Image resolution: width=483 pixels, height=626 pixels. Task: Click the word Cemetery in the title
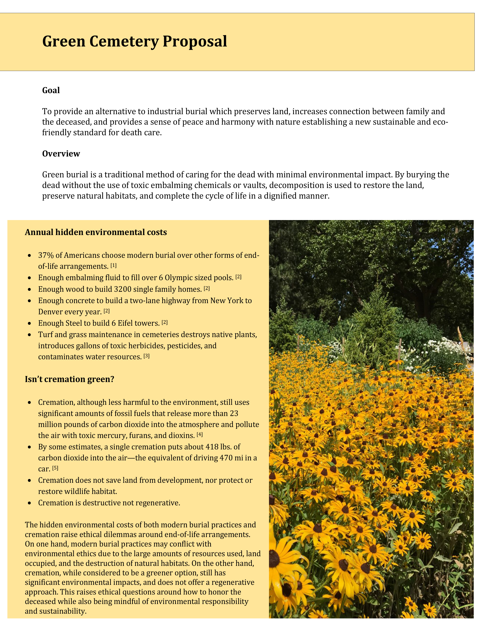tap(124, 41)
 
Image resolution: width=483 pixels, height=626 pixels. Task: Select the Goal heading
tap(51, 90)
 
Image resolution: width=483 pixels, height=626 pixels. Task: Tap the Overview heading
tap(61, 154)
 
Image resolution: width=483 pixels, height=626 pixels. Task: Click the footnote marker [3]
tap(146, 356)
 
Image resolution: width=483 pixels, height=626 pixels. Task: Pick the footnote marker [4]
tap(200, 435)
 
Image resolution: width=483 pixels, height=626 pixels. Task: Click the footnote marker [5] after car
tap(55, 468)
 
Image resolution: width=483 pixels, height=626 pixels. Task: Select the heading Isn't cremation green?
tap(70, 379)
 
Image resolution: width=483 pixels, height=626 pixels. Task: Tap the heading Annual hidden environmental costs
tap(96, 232)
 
